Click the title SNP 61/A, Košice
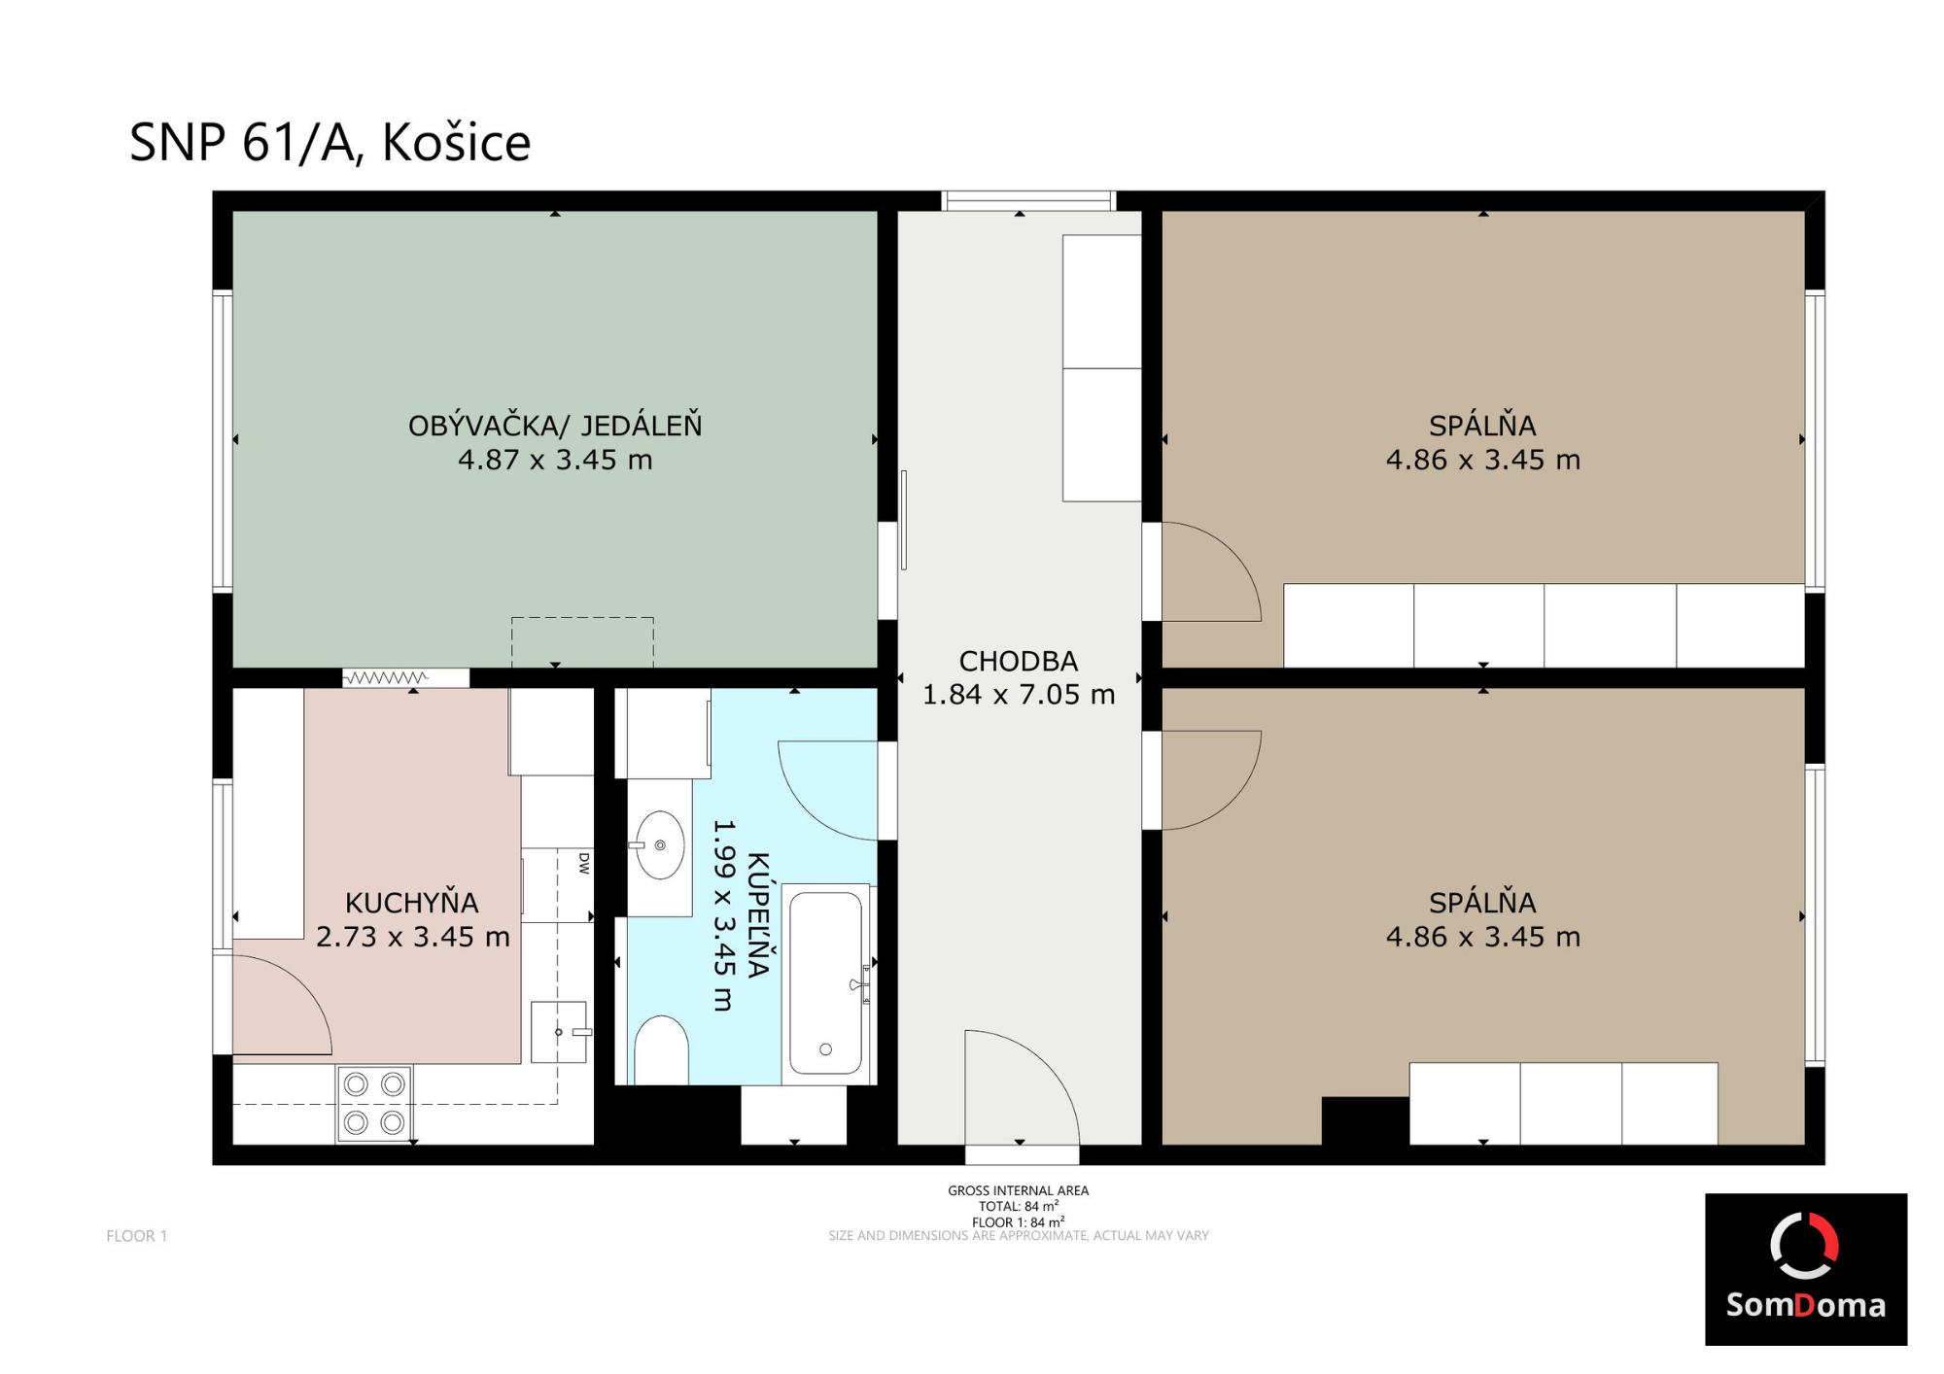[330, 143]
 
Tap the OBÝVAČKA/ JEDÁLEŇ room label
[555, 426]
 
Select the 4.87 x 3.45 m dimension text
[555, 460]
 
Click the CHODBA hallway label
[1019, 662]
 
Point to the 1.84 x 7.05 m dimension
[1019, 695]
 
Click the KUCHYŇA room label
[412, 903]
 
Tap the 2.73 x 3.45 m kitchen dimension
[413, 937]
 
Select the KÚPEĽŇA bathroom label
[758, 914]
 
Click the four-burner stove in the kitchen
[374, 1103]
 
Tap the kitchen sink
[559, 1032]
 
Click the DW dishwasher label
[584, 863]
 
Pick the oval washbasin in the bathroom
[660, 845]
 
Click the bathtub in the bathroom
[826, 982]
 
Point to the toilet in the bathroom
[661, 1050]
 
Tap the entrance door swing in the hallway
[1021, 1088]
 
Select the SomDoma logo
[1806, 1269]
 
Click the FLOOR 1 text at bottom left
[137, 1236]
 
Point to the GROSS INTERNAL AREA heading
[1019, 1190]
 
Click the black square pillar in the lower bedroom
[1366, 1120]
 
